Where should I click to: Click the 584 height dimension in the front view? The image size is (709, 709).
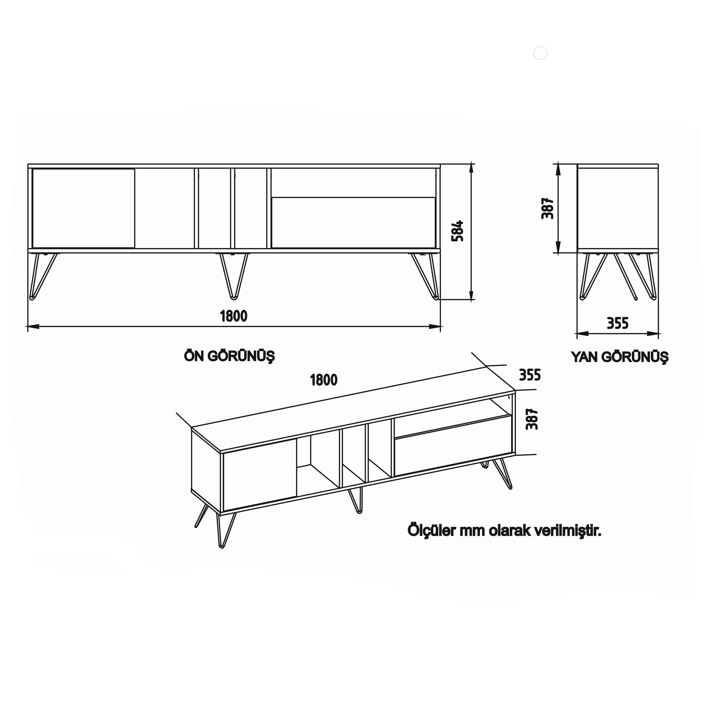(x=458, y=231)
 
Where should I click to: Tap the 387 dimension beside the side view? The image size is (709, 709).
(x=547, y=208)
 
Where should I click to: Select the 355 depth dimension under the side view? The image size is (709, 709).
(x=618, y=323)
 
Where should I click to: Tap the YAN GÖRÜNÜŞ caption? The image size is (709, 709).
(x=619, y=357)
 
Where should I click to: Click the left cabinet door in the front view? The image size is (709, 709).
(x=83, y=208)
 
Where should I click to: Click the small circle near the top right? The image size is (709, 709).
(x=540, y=53)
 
